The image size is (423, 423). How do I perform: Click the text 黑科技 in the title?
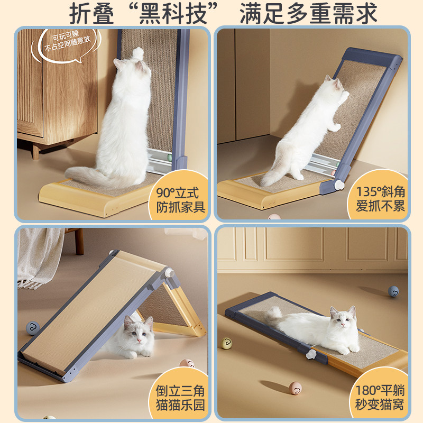173,14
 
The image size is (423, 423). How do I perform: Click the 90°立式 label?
177,192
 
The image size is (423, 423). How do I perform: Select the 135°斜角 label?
380,192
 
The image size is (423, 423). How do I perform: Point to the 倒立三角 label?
180,390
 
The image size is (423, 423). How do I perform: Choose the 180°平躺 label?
380,390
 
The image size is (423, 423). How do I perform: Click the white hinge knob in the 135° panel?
339,185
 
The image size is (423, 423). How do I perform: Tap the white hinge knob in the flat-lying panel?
311,354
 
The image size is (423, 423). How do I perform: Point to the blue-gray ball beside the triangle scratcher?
33,328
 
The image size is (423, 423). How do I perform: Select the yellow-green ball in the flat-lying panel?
227,343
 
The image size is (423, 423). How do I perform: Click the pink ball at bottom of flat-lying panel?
295,388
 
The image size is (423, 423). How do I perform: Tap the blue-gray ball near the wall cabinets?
393,292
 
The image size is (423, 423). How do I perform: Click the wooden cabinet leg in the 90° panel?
36,152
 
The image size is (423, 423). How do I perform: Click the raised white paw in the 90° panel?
139,53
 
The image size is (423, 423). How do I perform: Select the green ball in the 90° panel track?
169,158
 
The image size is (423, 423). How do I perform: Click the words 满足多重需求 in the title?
308,14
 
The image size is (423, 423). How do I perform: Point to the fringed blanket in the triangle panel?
41,256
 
